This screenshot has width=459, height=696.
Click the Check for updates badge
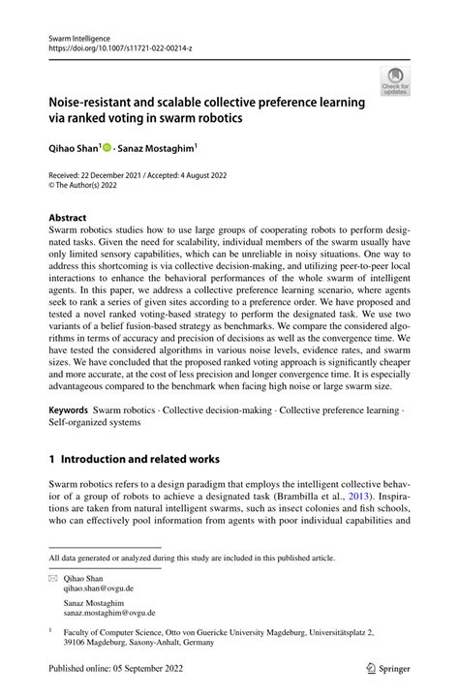click(x=395, y=80)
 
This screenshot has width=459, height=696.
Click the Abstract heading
click(x=68, y=218)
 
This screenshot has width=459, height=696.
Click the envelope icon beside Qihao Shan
click(x=53, y=577)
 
